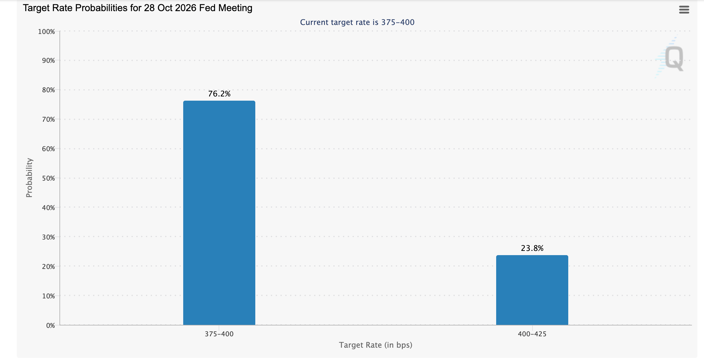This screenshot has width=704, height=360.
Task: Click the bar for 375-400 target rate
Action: pyautogui.click(x=219, y=213)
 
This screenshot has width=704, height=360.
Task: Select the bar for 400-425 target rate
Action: pyautogui.click(x=532, y=290)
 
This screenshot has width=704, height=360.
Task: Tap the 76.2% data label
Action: pyautogui.click(x=219, y=94)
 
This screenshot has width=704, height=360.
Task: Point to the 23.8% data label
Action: pyautogui.click(x=532, y=248)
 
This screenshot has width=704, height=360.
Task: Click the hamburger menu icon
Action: pyautogui.click(x=684, y=10)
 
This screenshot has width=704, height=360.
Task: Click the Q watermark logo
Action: pyautogui.click(x=670, y=57)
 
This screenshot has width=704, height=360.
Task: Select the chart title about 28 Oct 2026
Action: pyautogui.click(x=138, y=8)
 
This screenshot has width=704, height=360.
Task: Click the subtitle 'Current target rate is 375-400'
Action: pyautogui.click(x=357, y=22)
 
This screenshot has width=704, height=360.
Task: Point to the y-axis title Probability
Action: pyautogui.click(x=29, y=178)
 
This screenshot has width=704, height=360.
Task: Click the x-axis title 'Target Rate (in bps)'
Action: pyautogui.click(x=376, y=345)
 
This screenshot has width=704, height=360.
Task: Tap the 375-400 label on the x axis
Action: pyautogui.click(x=219, y=334)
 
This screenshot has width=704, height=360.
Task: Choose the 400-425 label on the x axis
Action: pyautogui.click(x=532, y=334)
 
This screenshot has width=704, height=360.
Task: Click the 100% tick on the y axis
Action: pyautogui.click(x=47, y=32)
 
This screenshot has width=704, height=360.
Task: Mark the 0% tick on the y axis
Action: pyautogui.click(x=51, y=325)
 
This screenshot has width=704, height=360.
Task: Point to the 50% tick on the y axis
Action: pyautogui.click(x=49, y=178)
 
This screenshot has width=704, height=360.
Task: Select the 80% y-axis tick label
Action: pyautogui.click(x=49, y=90)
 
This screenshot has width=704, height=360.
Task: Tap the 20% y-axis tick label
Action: pyautogui.click(x=49, y=267)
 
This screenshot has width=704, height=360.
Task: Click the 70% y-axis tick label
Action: pyautogui.click(x=49, y=119)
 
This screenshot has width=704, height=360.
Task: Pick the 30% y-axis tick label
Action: pyautogui.click(x=49, y=237)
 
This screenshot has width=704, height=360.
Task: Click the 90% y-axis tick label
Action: pyautogui.click(x=49, y=60)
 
